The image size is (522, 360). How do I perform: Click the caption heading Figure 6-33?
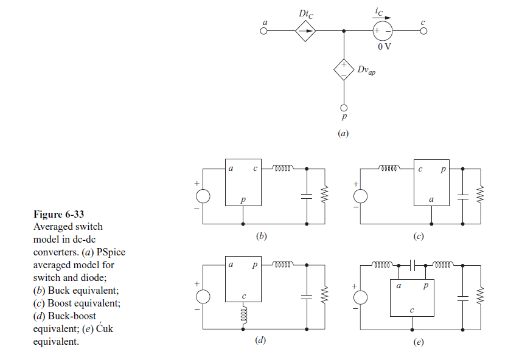click(x=58, y=214)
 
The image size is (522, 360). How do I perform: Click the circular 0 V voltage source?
click(x=383, y=31)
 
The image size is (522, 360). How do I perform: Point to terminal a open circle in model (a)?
click(x=264, y=31)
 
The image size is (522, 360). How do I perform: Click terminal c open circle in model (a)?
click(x=423, y=31)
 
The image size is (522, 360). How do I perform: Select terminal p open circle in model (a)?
click(x=344, y=108)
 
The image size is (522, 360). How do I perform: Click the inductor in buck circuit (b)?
click(x=284, y=167)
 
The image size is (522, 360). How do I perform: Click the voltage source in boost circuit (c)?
click(x=360, y=196)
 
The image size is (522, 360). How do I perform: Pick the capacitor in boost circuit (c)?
click(x=462, y=196)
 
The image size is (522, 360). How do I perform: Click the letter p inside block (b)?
click(x=243, y=199)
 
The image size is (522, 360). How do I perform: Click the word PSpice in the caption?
click(x=112, y=252)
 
